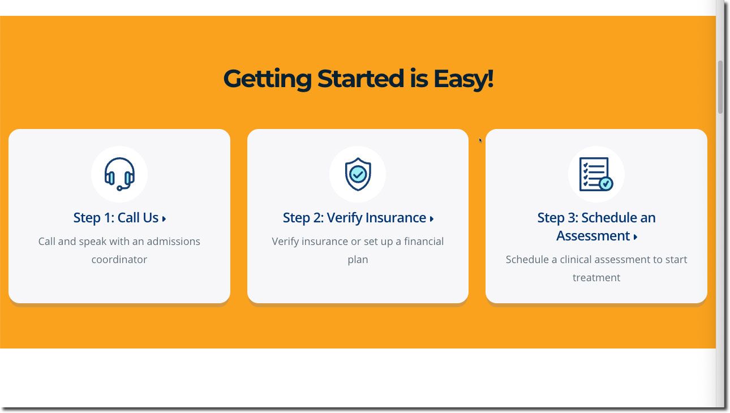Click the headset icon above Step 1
[119, 174]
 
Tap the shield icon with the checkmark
[358, 174]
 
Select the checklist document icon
[596, 174]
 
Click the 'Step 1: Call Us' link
[119, 218]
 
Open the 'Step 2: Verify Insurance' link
[358, 218]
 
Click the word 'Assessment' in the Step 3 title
[593, 235]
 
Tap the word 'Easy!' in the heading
[463, 79]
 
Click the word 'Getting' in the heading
[268, 79]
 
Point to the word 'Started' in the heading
[360, 79]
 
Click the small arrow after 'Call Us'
[164, 218]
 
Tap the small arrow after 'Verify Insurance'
[431, 218]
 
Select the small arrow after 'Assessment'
[635, 237]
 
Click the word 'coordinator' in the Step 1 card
[119, 260]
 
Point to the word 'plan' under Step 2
[358, 260]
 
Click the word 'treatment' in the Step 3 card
[596, 278]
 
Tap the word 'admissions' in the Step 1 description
[173, 242]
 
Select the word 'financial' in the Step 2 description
[424, 242]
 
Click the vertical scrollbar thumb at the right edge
[720, 87]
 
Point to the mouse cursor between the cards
[480, 140]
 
